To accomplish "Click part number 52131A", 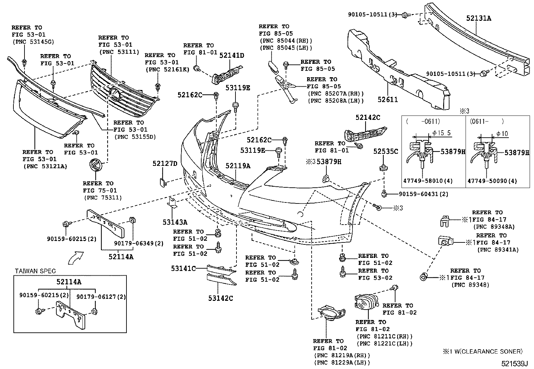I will (x=479, y=18).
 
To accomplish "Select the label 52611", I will (x=387, y=99).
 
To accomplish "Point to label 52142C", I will (x=368, y=117).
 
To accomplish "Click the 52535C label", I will (x=386, y=152).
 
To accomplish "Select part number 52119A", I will (x=238, y=166).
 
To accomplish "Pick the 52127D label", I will (x=165, y=164).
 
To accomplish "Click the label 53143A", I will (x=175, y=222).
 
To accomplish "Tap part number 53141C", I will (x=183, y=268).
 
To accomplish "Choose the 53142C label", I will (x=220, y=298).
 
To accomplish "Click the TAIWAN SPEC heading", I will (x=35, y=271).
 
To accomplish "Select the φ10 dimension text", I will (x=502, y=133).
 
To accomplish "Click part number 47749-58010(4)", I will (x=428, y=181).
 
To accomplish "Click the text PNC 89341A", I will (x=498, y=249).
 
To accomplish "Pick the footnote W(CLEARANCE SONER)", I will (x=486, y=352).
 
